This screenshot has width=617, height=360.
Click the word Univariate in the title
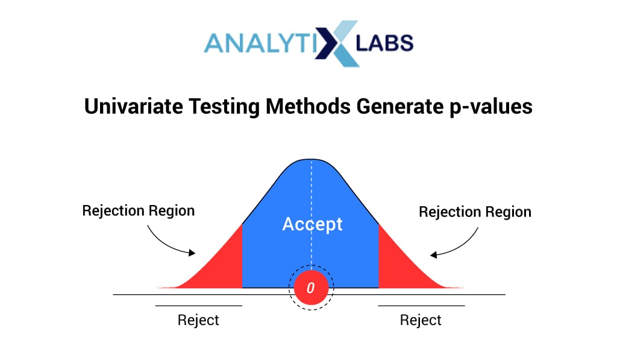click(x=134, y=106)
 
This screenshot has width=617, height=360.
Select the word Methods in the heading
click(x=308, y=106)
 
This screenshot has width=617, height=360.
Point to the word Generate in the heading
click(x=400, y=106)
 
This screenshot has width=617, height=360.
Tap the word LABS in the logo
click(x=384, y=43)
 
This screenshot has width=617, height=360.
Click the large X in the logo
click(x=337, y=43)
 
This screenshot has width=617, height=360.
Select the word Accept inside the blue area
click(x=313, y=224)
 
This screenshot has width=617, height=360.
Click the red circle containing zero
click(x=311, y=288)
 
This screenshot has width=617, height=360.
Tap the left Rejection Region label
click(x=139, y=211)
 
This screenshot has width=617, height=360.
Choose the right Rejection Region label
click(x=475, y=212)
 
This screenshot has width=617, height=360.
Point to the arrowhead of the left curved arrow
click(x=192, y=253)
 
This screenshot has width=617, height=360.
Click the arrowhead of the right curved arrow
click(x=434, y=255)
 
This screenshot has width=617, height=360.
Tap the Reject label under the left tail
click(x=198, y=320)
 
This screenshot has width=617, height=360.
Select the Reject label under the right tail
click(x=421, y=320)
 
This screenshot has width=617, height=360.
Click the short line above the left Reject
click(x=199, y=306)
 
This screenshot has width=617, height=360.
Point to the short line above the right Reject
click(x=421, y=306)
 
